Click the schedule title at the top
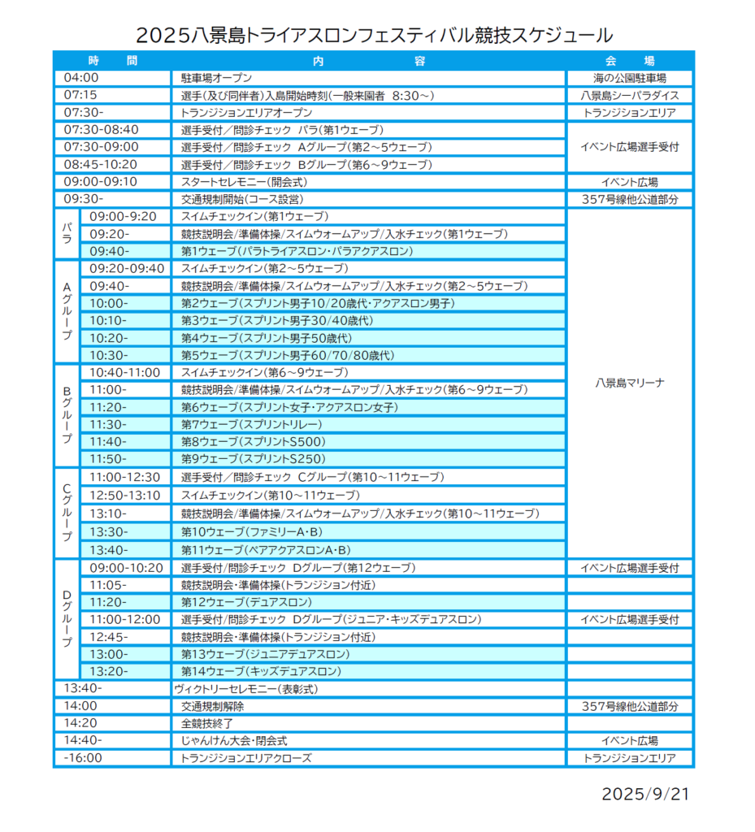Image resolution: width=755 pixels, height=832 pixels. (375, 35)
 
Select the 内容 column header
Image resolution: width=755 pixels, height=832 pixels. (368, 61)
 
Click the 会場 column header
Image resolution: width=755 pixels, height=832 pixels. (630, 61)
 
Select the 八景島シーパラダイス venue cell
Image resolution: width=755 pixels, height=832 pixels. (630, 96)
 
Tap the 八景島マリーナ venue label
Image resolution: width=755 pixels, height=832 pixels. (630, 382)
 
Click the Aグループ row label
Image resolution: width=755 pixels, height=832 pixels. (67, 311)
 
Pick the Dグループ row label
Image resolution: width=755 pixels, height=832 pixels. (67, 619)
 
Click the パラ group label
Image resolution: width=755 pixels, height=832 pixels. (67, 233)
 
